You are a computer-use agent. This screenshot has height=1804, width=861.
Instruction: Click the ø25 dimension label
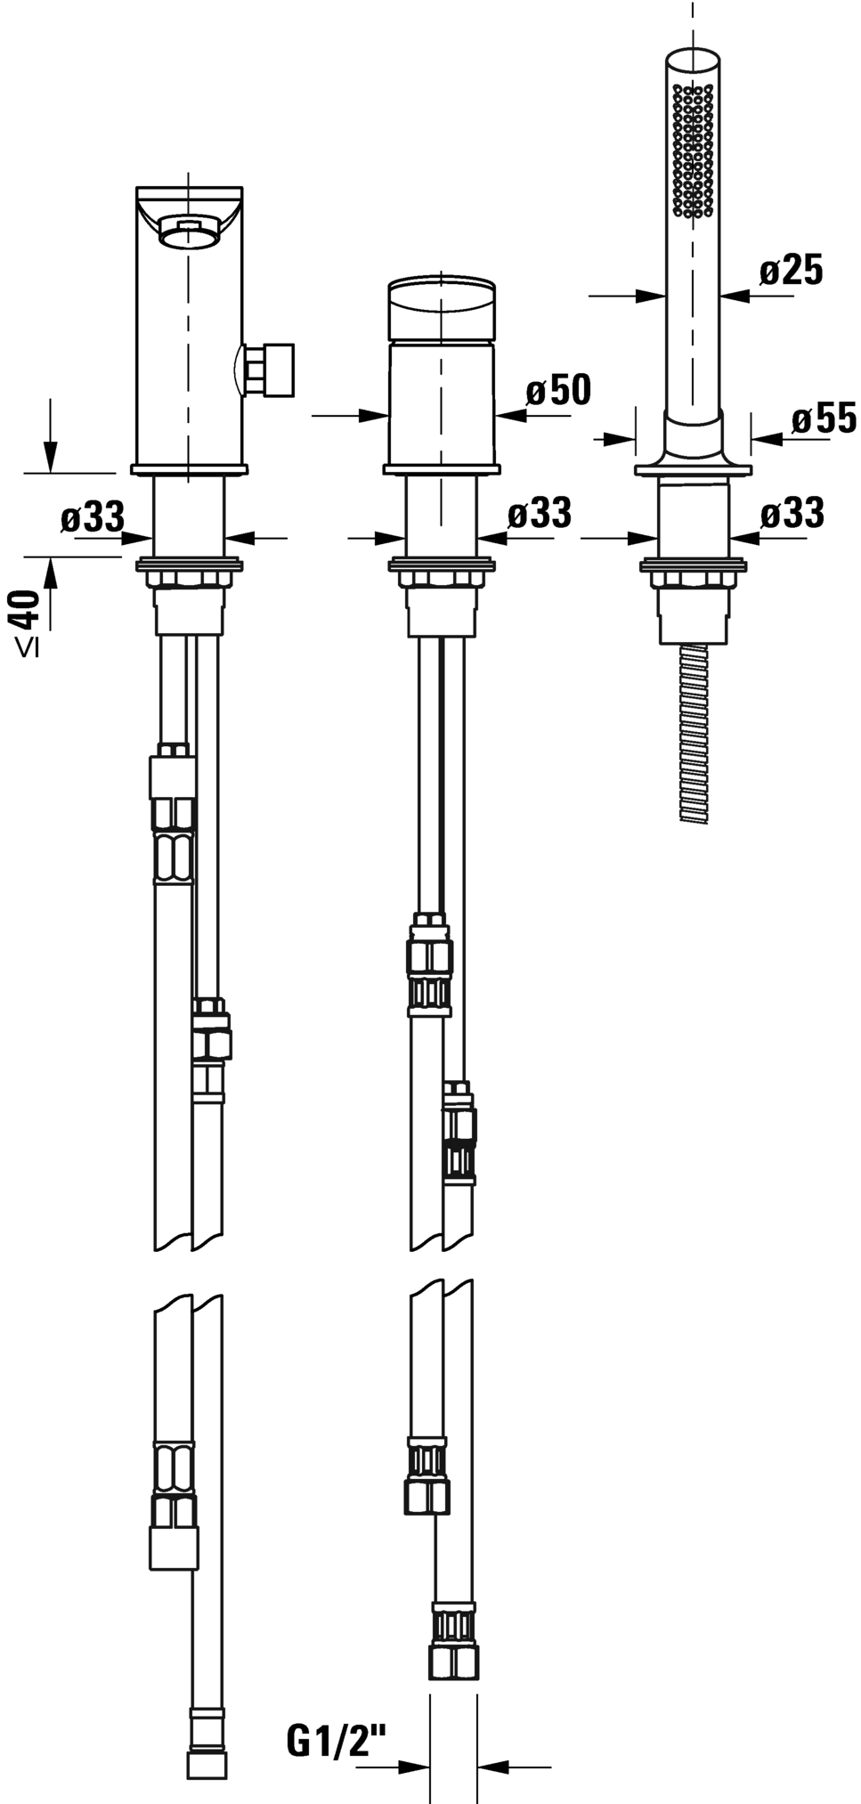[x=792, y=270]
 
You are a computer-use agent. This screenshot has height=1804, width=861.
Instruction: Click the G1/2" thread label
[x=337, y=1741]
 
